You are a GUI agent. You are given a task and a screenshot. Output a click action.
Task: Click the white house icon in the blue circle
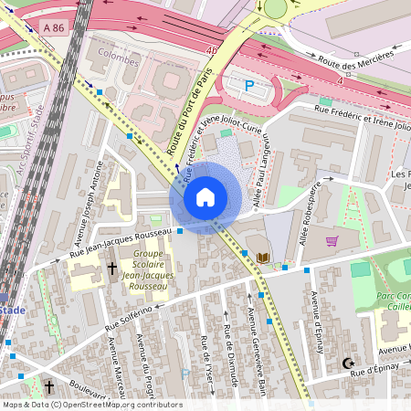coord(205,197)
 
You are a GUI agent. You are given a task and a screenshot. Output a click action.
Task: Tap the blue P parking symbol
coord(249,86)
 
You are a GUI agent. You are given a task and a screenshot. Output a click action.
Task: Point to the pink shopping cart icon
coord(332,241)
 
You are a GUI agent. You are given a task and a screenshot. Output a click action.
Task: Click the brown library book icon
coord(264,258)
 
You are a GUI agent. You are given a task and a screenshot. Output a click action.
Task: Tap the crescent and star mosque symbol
coord(347,364)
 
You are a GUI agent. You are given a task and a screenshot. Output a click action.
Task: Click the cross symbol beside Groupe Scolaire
coord(112,269)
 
